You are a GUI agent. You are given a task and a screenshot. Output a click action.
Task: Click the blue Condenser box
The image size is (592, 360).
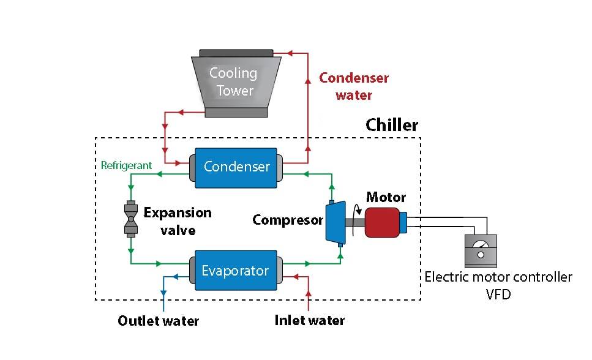(236, 167)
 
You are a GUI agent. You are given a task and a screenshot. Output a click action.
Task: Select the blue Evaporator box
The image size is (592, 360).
(236, 271)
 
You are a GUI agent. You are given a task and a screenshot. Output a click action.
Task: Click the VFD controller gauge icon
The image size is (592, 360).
(481, 251)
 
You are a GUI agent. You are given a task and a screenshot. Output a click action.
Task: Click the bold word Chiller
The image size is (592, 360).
(392, 126)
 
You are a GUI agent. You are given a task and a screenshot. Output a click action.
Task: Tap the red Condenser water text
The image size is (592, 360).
(354, 86)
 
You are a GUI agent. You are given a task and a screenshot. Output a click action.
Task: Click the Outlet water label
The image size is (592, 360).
(158, 321)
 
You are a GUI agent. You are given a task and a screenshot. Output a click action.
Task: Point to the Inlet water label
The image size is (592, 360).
(309, 320)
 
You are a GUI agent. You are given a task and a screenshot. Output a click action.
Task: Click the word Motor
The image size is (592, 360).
(386, 197)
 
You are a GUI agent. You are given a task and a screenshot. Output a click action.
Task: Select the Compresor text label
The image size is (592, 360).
(288, 220)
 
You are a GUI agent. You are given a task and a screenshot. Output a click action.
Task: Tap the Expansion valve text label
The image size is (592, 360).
(178, 221)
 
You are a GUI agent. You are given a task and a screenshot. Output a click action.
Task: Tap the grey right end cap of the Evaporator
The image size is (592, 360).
(279, 271)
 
